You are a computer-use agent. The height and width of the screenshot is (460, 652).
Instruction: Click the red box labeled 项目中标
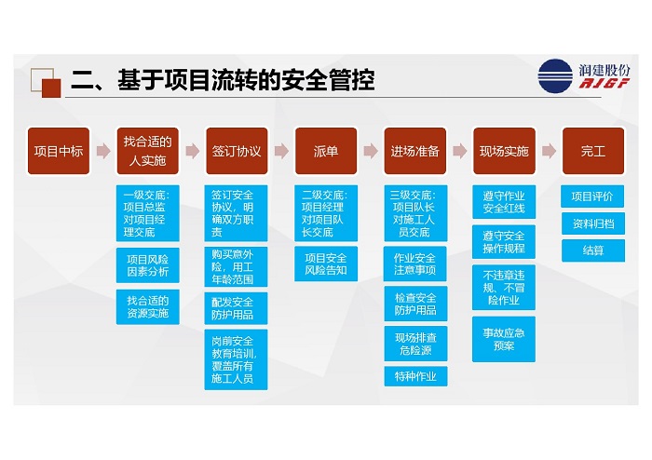[59, 151]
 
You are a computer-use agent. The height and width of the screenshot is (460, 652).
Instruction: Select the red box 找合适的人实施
[147, 151]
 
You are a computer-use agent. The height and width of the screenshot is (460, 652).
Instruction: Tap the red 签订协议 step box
[237, 151]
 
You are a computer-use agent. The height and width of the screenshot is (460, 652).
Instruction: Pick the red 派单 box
[326, 151]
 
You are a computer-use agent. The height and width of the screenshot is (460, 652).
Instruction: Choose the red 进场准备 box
[415, 151]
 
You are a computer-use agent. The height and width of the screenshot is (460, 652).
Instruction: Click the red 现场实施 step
[504, 151]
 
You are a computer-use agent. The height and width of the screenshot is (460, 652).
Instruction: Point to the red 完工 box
[593, 151]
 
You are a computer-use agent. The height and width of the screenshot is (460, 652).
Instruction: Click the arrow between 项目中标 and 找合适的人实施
[103, 151]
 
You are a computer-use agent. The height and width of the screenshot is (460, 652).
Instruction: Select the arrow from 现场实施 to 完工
[549, 151]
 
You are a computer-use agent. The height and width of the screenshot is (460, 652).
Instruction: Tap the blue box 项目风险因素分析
[147, 265]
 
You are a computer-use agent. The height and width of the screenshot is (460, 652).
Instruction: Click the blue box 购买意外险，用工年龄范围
[236, 266]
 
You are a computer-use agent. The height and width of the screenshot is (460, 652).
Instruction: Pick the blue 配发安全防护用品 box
[236, 308]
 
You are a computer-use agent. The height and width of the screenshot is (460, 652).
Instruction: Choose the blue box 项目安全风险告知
[326, 264]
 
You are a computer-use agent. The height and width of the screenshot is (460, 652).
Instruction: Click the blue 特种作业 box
[415, 376]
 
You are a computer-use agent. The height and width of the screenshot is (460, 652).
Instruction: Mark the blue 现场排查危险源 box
[415, 344]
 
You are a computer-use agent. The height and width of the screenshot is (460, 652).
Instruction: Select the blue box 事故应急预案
[504, 339]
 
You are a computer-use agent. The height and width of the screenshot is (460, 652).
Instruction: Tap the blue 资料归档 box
[593, 223]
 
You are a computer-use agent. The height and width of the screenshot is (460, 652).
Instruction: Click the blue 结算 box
[593, 250]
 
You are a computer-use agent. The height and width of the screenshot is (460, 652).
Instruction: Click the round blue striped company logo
[555, 76]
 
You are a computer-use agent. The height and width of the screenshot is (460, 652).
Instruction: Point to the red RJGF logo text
[604, 83]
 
